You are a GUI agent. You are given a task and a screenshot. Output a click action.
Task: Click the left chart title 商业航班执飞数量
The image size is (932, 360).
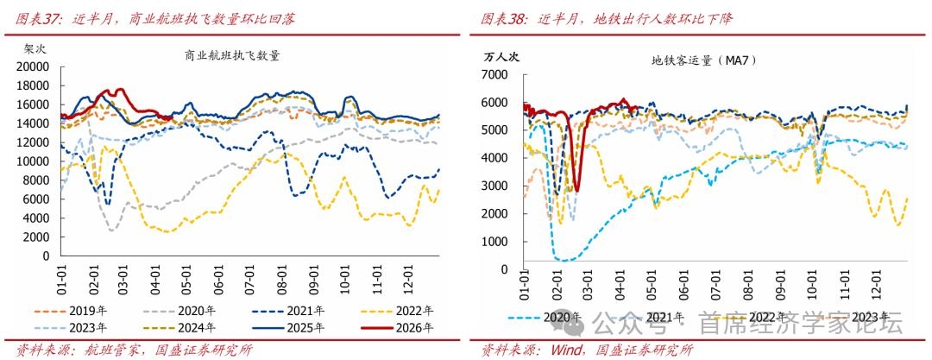[x=233, y=55]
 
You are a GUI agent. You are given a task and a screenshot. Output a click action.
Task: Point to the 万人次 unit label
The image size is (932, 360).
[x=501, y=57]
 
